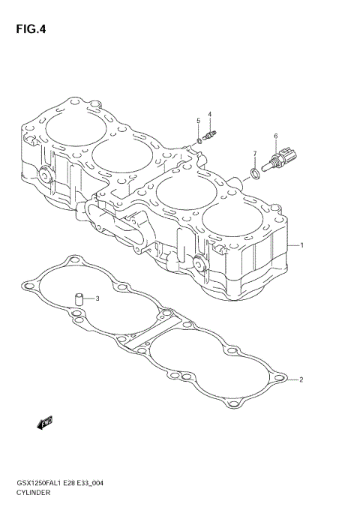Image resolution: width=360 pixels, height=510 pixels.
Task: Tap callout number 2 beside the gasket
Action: coord(301,379)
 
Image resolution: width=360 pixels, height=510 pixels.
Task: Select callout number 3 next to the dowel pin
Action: coord(97,298)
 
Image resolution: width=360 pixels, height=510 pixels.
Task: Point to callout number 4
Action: coord(210,115)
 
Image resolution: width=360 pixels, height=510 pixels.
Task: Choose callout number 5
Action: coord(199,121)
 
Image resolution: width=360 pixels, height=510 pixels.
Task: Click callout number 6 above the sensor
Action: coord(275,136)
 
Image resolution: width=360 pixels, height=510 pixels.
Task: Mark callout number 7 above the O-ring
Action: coord(254,154)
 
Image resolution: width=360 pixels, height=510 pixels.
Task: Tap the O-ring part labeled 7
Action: coord(255,175)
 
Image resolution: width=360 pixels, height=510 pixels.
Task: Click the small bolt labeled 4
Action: coord(210,136)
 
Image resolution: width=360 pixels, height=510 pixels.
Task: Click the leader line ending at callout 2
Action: coord(289,379)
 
